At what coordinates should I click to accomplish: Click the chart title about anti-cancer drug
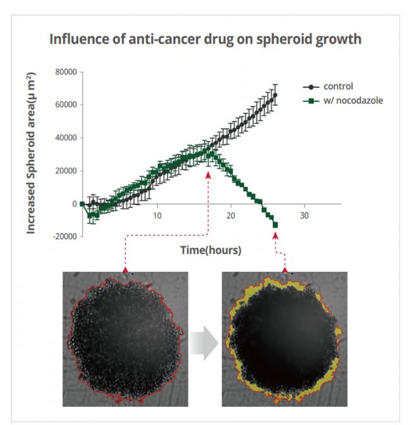[x=205, y=39]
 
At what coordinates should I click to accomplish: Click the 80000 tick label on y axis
[x=65, y=72]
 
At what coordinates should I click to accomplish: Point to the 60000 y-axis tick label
[x=65, y=105]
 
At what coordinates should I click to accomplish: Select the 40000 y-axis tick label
[x=65, y=138]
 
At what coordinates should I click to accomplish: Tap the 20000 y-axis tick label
[x=65, y=171]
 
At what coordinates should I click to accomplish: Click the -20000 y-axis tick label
[x=64, y=237]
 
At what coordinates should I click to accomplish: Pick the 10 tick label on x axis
[x=156, y=215]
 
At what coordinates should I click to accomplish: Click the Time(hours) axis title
[x=211, y=250]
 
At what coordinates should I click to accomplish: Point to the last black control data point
[x=275, y=95]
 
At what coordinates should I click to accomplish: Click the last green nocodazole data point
[x=275, y=225]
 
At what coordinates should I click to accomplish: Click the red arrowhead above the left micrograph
[x=125, y=270]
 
